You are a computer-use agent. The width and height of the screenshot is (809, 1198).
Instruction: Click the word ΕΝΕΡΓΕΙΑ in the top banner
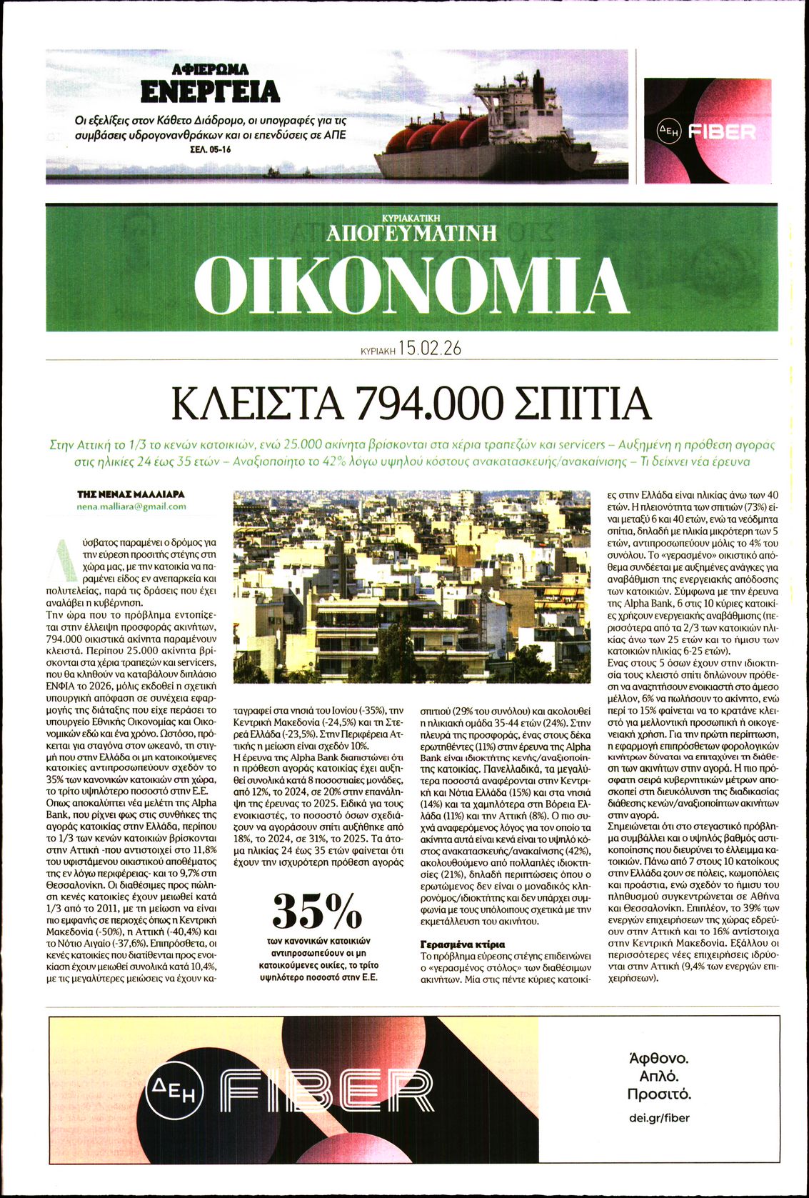pyautogui.click(x=210, y=92)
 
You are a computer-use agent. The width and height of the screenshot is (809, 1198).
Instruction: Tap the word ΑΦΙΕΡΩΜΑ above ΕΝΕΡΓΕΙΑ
pyautogui.click(x=210, y=69)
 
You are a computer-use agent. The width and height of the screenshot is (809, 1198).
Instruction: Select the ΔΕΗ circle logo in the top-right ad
pyautogui.click(x=670, y=131)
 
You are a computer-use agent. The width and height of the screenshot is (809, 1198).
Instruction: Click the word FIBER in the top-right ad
pyautogui.click(x=721, y=131)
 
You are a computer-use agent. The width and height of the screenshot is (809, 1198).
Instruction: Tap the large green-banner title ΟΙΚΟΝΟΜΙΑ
pyautogui.click(x=411, y=285)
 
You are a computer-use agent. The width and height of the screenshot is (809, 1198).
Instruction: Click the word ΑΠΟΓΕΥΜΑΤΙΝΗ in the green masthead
pyautogui.click(x=411, y=232)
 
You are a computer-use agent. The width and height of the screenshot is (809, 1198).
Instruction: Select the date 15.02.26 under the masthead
pyautogui.click(x=430, y=349)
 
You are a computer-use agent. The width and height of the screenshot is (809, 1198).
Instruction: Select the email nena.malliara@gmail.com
pyautogui.click(x=131, y=506)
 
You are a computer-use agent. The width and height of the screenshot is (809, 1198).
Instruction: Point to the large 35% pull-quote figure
pyautogui.click(x=317, y=910)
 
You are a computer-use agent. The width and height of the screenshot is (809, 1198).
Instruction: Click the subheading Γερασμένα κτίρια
pyautogui.click(x=463, y=944)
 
